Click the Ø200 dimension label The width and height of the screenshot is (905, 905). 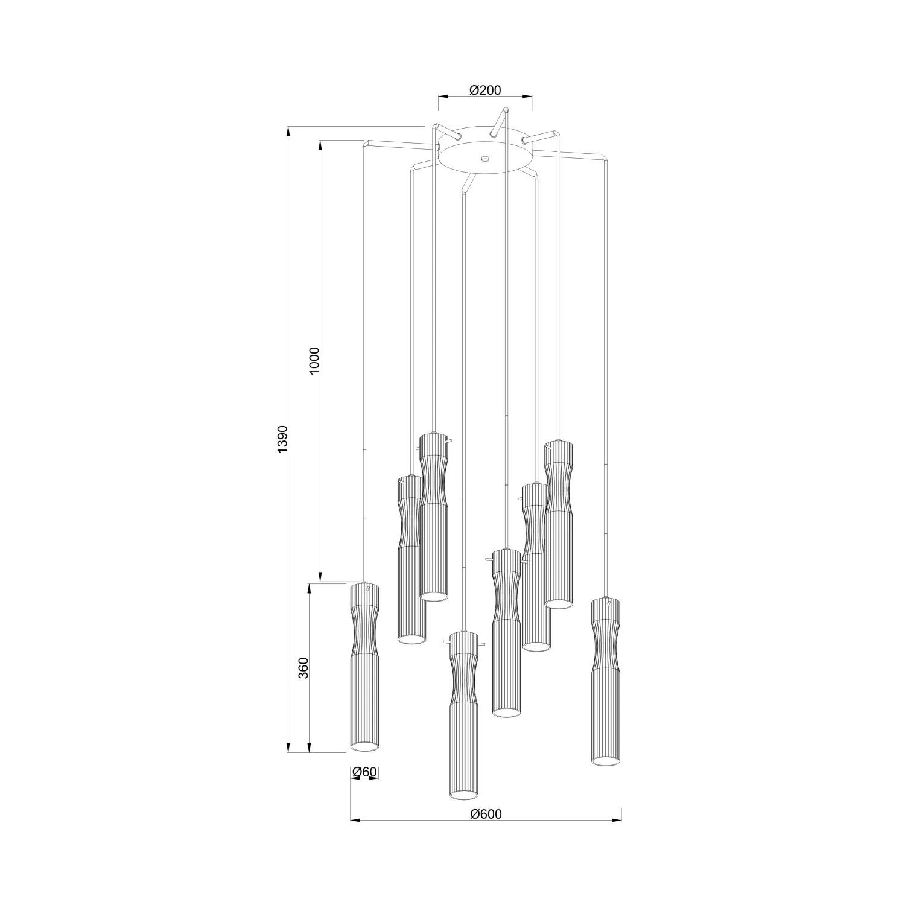(x=485, y=90)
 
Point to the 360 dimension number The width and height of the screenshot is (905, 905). (x=304, y=668)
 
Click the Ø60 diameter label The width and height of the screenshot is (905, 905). (x=364, y=772)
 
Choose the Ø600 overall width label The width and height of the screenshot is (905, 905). (x=486, y=814)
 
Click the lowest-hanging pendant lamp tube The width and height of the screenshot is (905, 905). (x=464, y=716)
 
